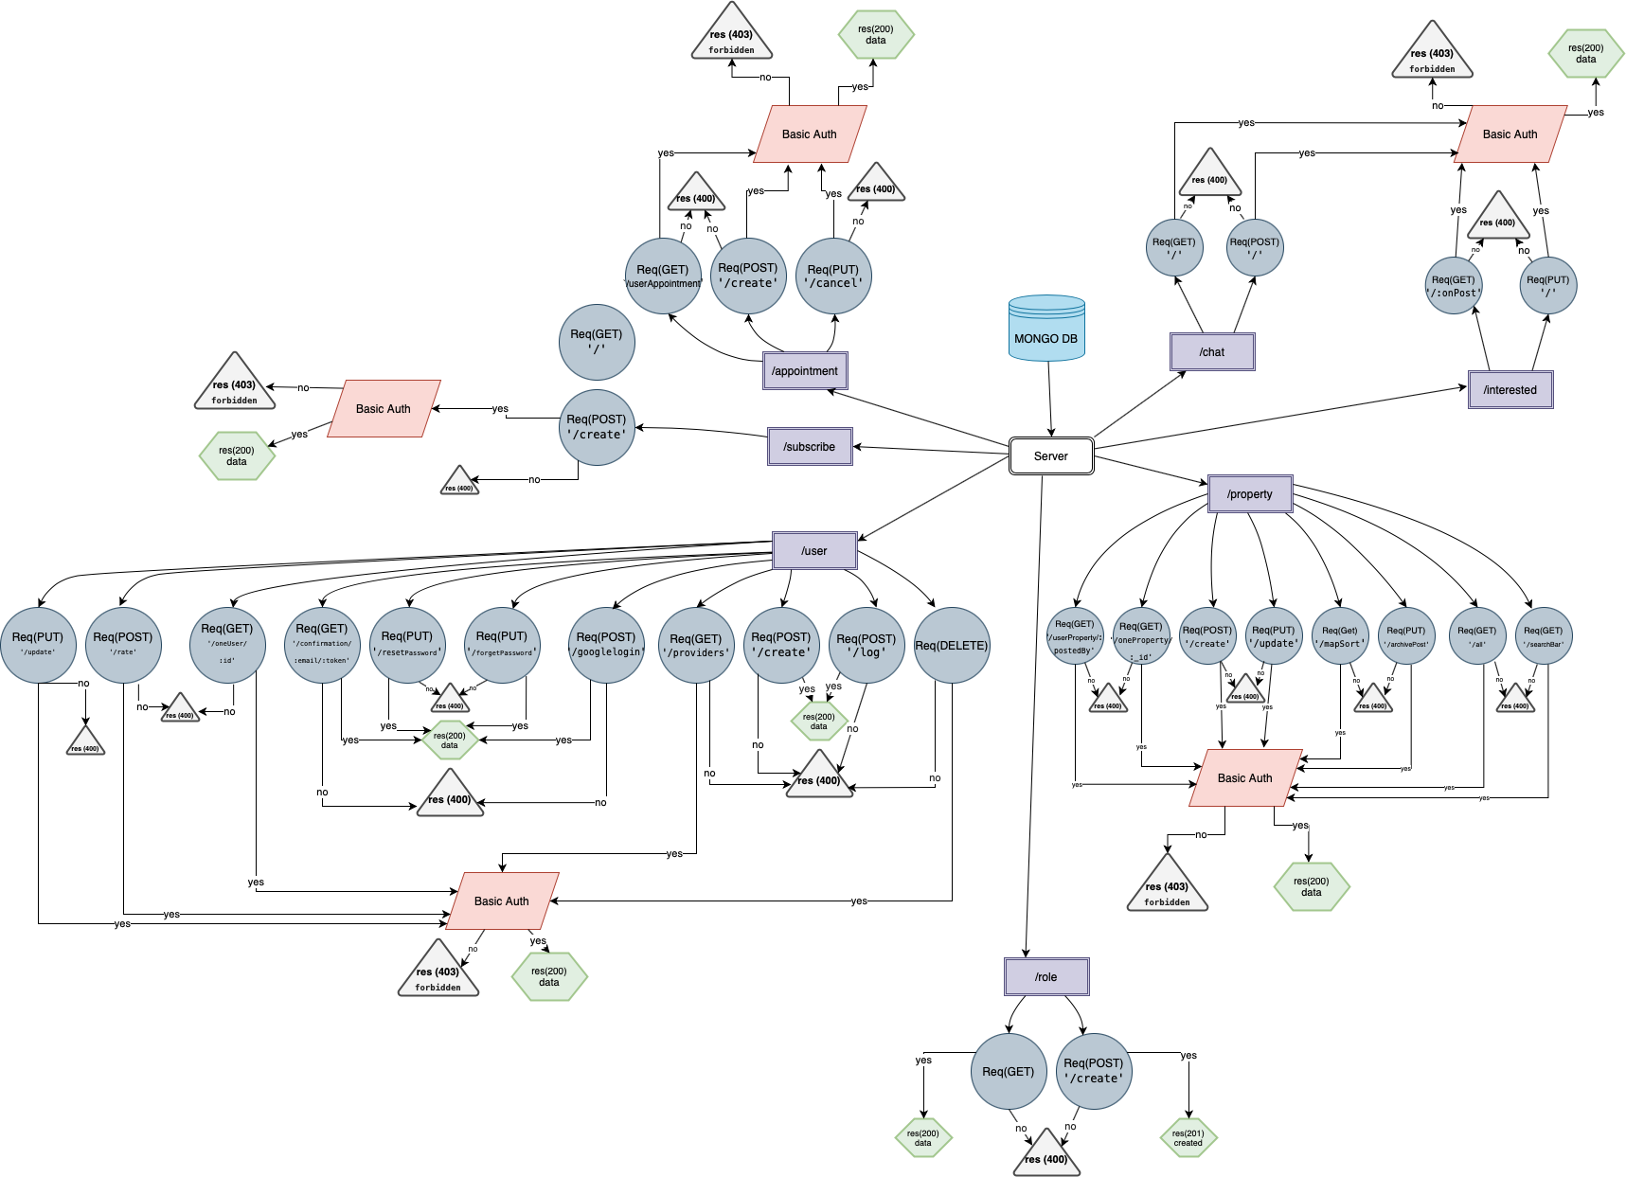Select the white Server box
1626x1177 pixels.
click(1051, 455)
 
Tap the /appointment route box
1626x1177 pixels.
click(805, 370)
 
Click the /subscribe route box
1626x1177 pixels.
click(810, 446)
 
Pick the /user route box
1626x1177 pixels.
click(814, 550)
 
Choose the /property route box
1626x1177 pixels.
click(1250, 493)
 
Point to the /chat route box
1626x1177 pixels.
click(1212, 351)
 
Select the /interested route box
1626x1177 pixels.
click(1510, 389)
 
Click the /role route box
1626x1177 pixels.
click(1046, 976)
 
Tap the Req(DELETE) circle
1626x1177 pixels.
click(952, 645)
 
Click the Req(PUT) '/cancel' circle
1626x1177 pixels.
click(833, 276)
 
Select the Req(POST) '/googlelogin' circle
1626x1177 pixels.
click(606, 645)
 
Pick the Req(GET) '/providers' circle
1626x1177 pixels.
click(696, 645)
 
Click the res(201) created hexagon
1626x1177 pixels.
click(1188, 1137)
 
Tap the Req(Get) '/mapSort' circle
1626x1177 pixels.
click(1340, 635)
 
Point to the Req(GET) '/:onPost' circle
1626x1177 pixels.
click(1454, 285)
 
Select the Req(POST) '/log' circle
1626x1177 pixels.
click(867, 645)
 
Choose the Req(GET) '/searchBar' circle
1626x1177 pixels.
click(1544, 635)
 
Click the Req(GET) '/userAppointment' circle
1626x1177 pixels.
click(663, 276)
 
